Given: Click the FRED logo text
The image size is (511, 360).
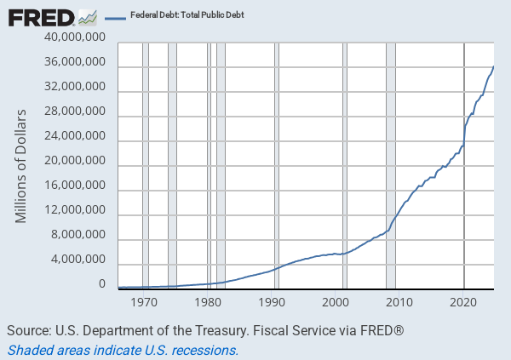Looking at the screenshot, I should coord(40,16).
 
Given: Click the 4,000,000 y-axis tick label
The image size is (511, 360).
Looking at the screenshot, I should coord(79,260).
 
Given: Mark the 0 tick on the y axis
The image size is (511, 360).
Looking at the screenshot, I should coord(101,284).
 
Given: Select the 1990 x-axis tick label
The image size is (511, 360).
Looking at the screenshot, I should coord(273,302).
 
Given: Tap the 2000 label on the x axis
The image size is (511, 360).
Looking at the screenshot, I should coord(336,302).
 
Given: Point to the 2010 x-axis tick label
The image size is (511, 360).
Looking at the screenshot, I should coord(400,302).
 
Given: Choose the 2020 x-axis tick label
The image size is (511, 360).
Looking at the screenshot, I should coord(464,302).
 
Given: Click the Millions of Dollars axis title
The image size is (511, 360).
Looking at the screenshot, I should coord(21,166).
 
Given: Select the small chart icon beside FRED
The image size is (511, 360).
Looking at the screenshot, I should coord(87,15).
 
